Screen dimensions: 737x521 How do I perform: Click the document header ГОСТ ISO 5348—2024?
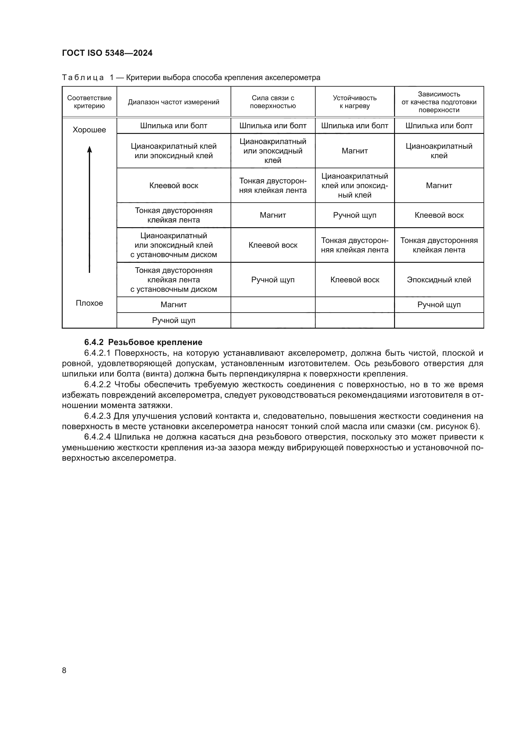click(x=107, y=53)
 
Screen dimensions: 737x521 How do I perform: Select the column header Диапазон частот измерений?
click(x=174, y=102)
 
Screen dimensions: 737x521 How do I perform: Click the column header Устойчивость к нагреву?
click(x=354, y=102)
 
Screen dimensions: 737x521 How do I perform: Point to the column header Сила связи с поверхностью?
click(x=273, y=102)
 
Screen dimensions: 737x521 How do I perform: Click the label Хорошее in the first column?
click(x=89, y=130)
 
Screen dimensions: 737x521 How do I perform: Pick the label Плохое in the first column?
click(x=89, y=303)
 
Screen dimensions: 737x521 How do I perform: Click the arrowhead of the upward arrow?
click(x=89, y=149)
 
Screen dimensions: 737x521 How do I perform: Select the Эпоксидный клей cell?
click(x=439, y=279)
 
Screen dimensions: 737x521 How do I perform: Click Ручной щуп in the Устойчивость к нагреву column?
click(x=354, y=215)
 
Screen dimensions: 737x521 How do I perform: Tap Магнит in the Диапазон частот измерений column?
click(x=174, y=305)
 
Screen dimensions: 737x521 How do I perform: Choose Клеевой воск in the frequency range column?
click(x=174, y=186)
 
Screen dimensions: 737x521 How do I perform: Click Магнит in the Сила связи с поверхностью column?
click(x=273, y=215)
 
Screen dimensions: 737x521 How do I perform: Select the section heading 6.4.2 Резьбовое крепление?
click(x=143, y=342)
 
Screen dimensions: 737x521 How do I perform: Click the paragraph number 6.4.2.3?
click(x=97, y=416)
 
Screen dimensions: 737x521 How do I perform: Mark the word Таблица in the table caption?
click(x=83, y=78)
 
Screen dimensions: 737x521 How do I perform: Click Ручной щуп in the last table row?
click(x=174, y=320)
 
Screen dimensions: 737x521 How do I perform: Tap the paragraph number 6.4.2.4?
click(x=97, y=437)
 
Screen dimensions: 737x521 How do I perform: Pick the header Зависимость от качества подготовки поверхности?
click(x=439, y=102)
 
